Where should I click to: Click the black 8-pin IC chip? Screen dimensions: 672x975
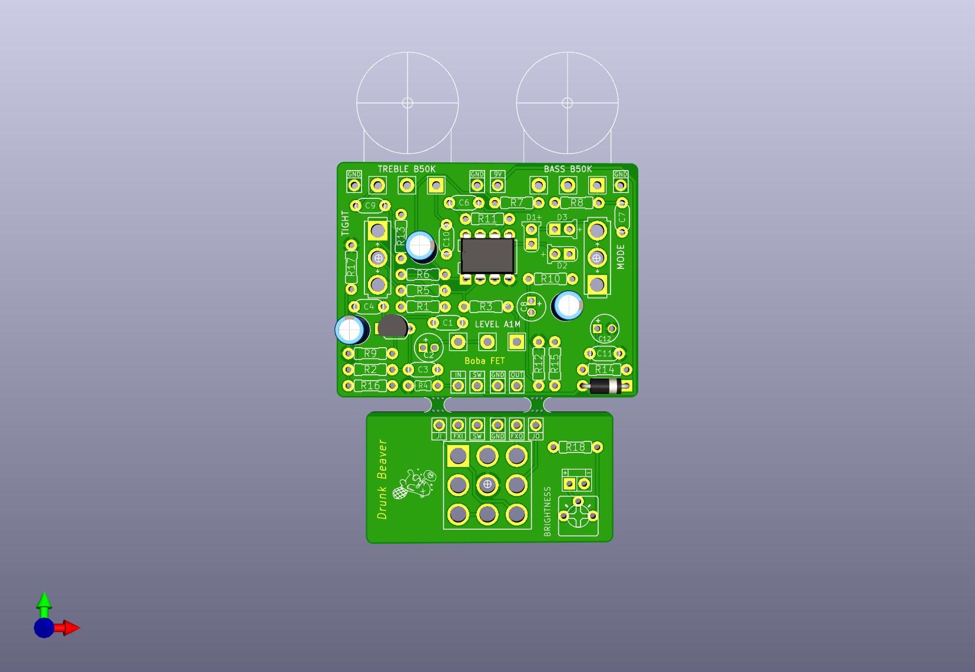[x=487, y=255]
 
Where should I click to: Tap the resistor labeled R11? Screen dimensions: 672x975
[x=487, y=219]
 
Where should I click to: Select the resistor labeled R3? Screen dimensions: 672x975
[x=486, y=307]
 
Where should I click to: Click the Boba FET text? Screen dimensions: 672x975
[x=485, y=361]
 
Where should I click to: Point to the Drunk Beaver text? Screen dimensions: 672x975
[x=383, y=479]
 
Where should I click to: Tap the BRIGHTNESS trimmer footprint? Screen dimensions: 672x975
[x=578, y=516]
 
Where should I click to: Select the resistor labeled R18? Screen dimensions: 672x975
[x=575, y=447]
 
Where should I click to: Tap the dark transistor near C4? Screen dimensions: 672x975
[x=393, y=326]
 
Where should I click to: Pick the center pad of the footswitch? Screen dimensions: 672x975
[x=487, y=484]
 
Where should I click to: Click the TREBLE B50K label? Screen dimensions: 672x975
[x=407, y=169]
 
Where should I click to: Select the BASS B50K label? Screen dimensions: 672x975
[x=568, y=169]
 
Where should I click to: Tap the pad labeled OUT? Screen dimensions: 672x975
[x=516, y=385]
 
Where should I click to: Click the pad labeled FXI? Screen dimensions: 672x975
[x=458, y=425]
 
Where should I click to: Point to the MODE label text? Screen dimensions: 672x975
[x=621, y=257]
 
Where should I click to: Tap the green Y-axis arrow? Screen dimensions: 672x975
[x=44, y=602]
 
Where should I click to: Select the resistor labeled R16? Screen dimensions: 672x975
[x=370, y=385]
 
